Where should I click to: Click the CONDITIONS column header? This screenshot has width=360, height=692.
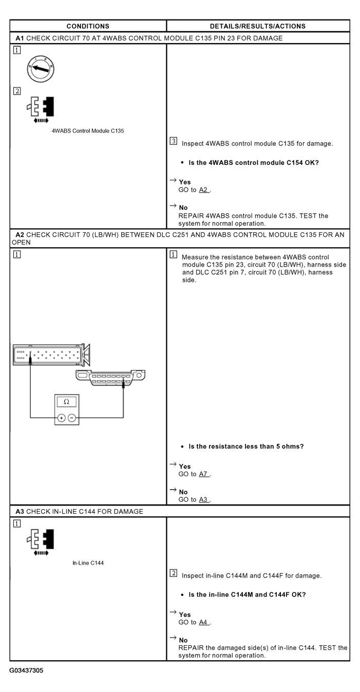tap(88, 26)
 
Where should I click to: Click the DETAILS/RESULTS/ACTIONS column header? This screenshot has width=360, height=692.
tap(258, 26)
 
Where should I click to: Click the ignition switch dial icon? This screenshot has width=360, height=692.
tap(41, 68)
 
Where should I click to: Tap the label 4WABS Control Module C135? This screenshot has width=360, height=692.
tap(88, 130)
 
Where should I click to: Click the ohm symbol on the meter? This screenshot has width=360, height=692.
tap(66, 401)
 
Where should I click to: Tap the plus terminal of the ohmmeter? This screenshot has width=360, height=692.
tap(62, 418)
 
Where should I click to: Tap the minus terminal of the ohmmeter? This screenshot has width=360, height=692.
tap(71, 418)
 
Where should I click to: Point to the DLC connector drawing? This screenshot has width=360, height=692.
tap(110, 378)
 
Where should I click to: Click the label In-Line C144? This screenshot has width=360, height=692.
tap(88, 563)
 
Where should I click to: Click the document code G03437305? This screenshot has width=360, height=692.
tap(26, 671)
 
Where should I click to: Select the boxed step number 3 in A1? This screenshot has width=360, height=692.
tap(174, 141)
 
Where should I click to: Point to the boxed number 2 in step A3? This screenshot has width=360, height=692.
tap(174, 573)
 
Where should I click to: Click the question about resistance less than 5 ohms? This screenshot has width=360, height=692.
tap(246, 446)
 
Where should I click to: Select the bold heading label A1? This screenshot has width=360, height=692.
tap(20, 38)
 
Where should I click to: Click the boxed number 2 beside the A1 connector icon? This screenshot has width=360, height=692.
tap(17, 91)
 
